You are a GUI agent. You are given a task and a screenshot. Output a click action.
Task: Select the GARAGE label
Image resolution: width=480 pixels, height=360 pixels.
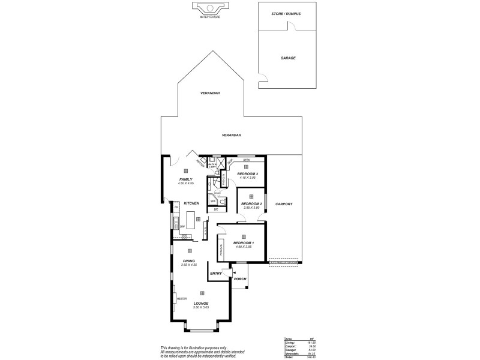[288, 58]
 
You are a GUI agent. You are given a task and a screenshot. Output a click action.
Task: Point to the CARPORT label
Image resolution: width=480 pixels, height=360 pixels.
[284, 204]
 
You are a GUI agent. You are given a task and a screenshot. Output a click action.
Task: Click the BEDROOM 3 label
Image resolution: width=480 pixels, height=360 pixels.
[247, 173]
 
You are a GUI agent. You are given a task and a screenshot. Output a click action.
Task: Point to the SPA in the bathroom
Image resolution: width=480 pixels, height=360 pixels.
[213, 200]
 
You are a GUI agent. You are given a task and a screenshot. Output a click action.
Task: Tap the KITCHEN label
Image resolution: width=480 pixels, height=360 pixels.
[191, 203]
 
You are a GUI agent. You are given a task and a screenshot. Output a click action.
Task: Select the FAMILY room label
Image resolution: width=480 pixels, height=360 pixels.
[185, 179]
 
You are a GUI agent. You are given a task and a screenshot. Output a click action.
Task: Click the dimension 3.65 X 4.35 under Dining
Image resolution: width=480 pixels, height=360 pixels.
[189, 265]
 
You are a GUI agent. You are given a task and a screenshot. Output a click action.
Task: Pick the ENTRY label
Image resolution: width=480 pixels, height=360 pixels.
[216, 273]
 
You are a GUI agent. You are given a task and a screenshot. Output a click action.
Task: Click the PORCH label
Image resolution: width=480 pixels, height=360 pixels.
[240, 279]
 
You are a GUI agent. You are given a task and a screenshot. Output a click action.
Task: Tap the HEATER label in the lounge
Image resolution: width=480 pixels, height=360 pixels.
[182, 298]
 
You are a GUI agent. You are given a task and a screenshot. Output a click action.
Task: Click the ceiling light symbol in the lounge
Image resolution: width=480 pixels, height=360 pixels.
[202, 293]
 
